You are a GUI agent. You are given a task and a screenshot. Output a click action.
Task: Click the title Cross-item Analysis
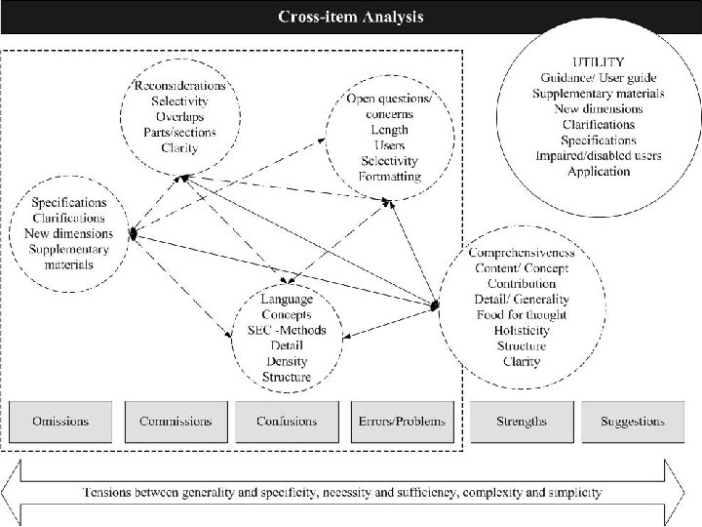(351, 17)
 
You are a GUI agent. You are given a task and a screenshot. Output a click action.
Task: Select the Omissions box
(60, 422)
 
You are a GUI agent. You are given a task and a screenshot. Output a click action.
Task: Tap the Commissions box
(175, 422)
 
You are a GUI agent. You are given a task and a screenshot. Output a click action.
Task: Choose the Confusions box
(287, 422)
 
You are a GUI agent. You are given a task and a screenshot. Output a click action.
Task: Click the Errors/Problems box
(402, 422)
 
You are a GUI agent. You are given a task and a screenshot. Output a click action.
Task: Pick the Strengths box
(521, 422)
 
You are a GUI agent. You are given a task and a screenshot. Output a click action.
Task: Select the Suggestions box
(633, 422)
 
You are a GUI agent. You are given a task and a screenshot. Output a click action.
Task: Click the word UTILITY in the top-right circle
(599, 61)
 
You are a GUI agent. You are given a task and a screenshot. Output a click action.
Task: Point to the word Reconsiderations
(179, 85)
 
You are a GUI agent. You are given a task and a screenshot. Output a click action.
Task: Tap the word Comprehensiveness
(521, 253)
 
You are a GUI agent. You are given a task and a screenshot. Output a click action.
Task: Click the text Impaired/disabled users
(599, 155)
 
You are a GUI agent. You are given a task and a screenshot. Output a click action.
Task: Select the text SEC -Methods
(287, 330)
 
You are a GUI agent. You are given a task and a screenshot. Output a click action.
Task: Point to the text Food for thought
(521, 315)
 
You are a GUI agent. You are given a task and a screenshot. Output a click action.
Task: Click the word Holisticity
(521, 331)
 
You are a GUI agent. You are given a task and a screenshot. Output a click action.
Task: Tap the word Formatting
(390, 177)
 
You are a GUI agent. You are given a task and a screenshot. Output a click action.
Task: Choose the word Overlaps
(179, 117)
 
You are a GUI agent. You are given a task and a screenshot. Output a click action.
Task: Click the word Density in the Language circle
(287, 361)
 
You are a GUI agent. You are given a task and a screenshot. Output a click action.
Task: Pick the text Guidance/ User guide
(599, 77)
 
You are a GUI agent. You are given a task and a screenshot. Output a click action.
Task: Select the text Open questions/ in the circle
(390, 99)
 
